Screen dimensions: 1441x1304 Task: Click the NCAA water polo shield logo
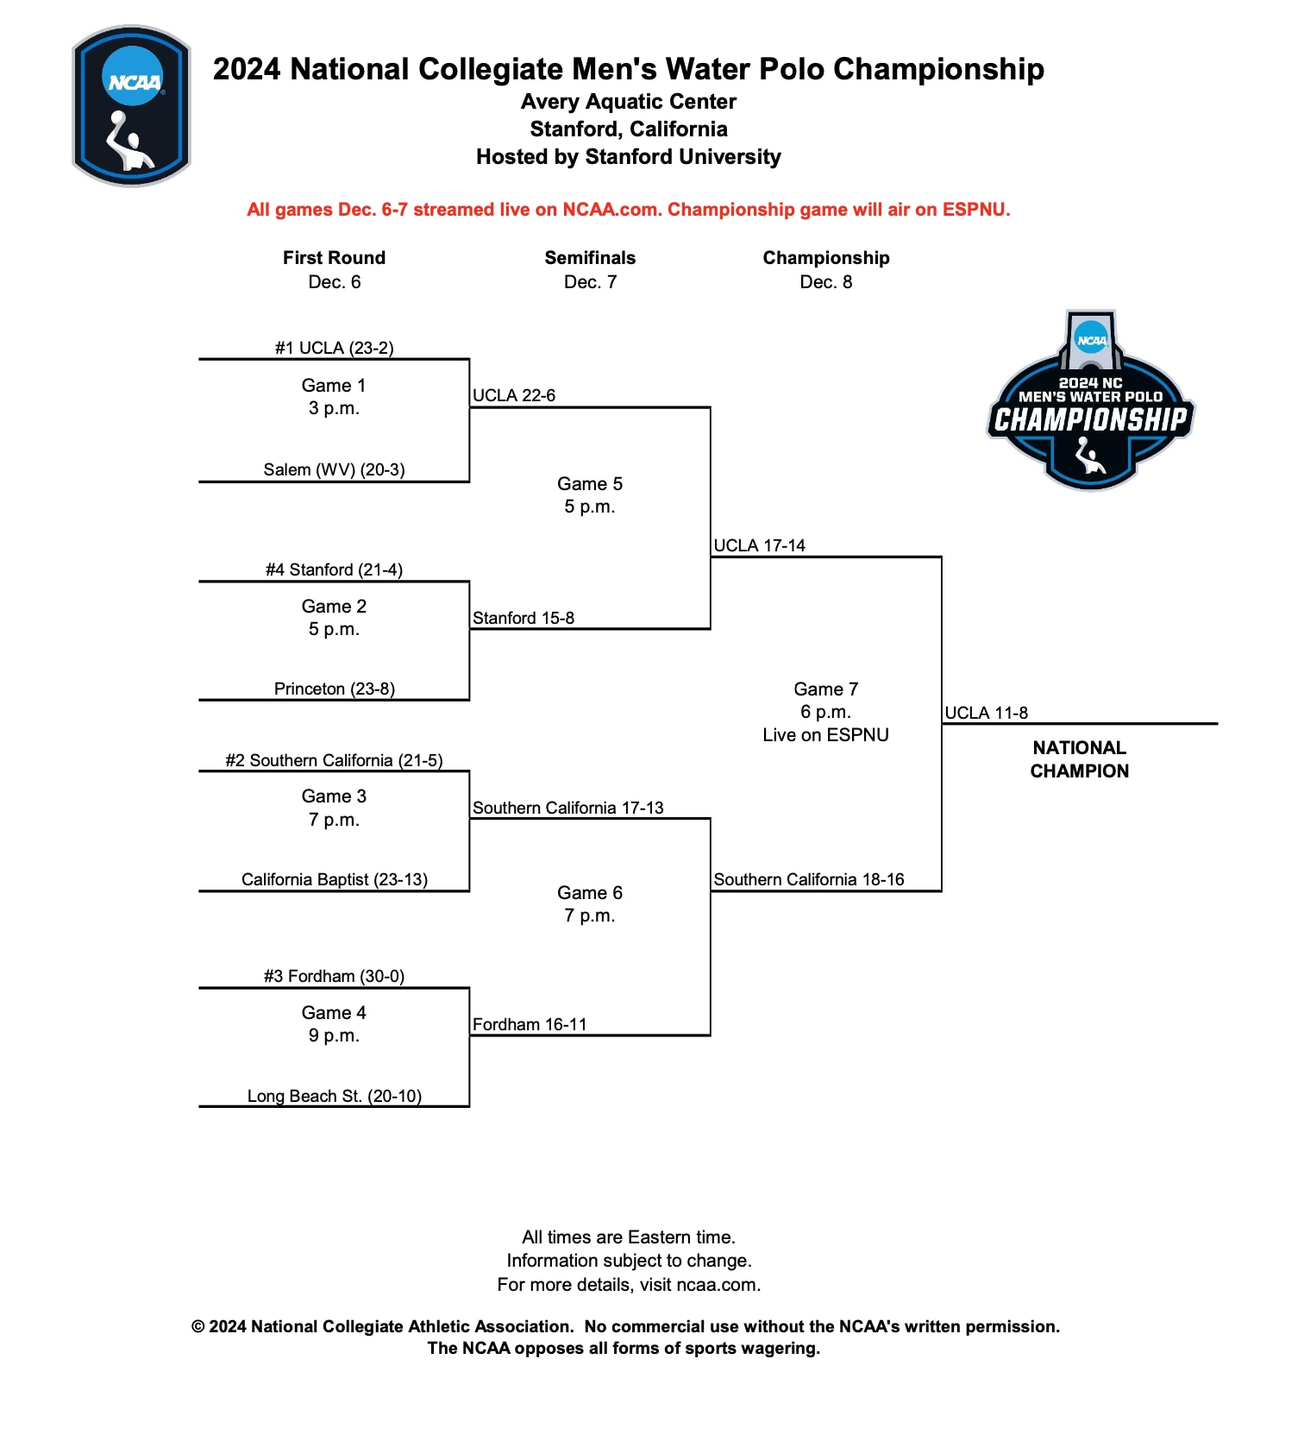[x=131, y=105]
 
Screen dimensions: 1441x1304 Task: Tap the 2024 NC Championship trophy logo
[x=1090, y=402]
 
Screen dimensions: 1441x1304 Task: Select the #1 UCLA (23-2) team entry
[x=334, y=348]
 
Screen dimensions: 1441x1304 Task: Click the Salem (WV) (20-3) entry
[x=334, y=469]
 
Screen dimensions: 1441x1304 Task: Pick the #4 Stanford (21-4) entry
[x=334, y=569]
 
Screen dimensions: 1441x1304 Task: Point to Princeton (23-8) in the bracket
[x=334, y=689]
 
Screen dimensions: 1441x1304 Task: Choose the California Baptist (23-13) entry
[x=334, y=879]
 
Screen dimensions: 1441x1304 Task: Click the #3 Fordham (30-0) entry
[x=334, y=976]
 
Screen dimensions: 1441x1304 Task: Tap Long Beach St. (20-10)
[x=334, y=1096]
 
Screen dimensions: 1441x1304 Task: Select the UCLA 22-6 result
[x=514, y=395]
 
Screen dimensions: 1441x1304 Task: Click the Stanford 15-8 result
[x=523, y=618]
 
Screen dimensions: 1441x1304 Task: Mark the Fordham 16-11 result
[x=530, y=1024]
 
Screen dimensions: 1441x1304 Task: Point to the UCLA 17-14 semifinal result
[x=759, y=545]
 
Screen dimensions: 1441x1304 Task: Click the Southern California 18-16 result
[x=809, y=879]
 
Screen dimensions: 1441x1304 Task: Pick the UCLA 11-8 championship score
[x=986, y=713]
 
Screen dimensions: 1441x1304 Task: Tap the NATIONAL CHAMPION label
[x=1079, y=759]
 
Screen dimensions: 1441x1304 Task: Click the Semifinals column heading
[x=590, y=258]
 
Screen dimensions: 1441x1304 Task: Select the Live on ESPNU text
[x=825, y=735]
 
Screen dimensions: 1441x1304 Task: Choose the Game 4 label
[x=334, y=1012]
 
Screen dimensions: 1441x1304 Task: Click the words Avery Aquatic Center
[x=628, y=102]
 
